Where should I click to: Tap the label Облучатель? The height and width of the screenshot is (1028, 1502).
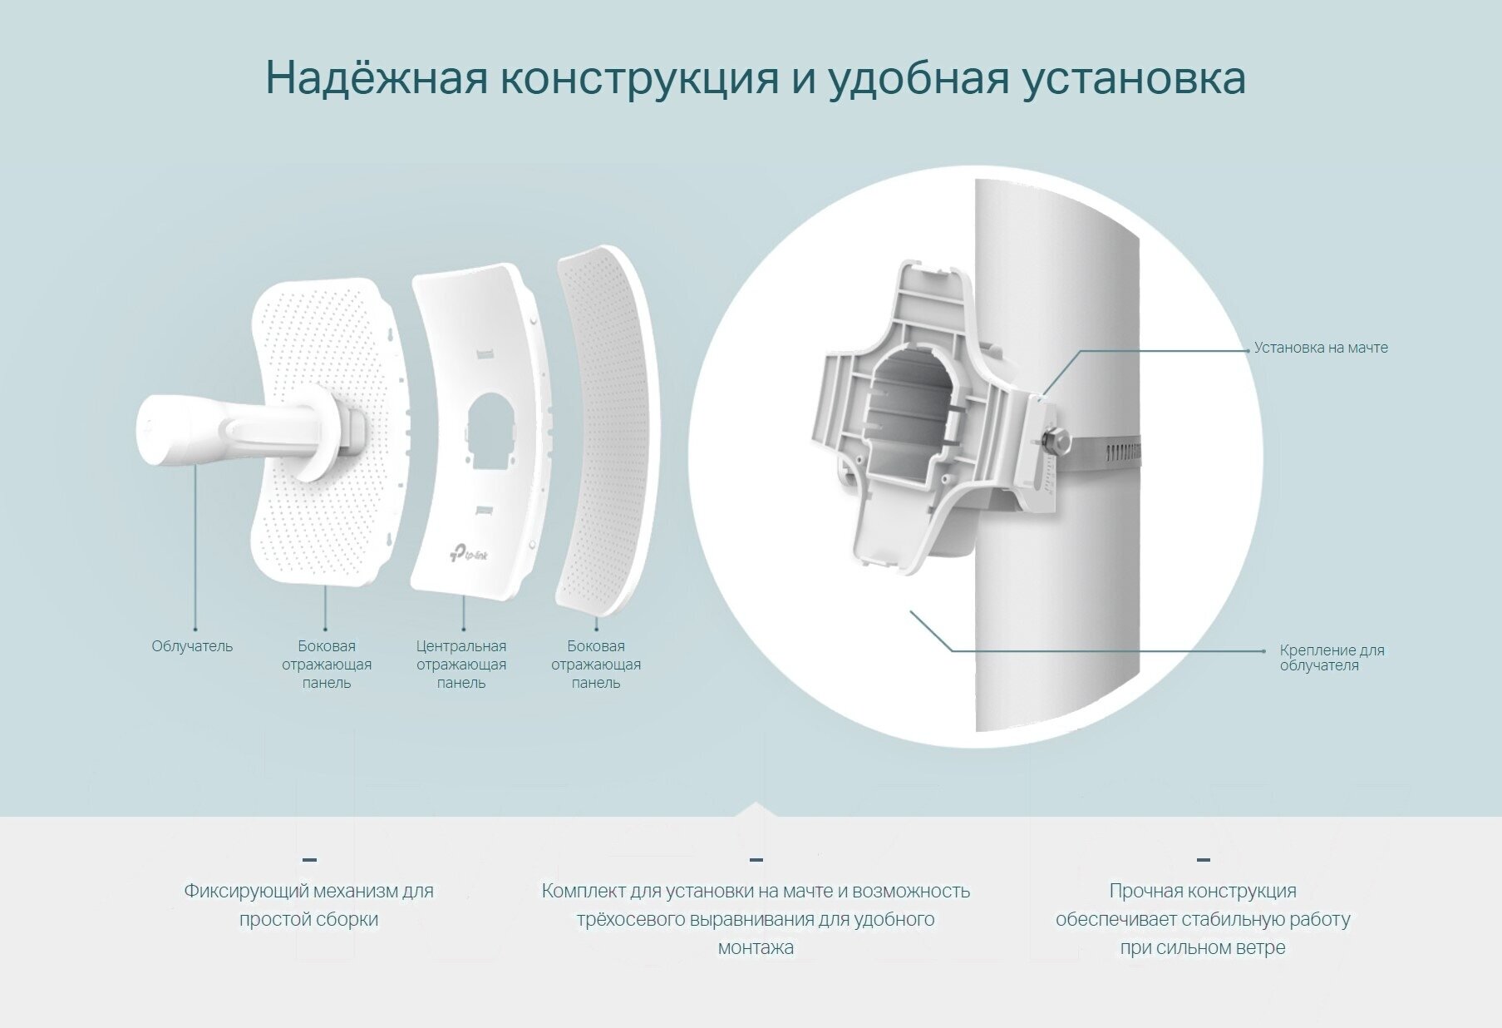192,646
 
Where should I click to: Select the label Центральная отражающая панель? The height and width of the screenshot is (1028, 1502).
461,664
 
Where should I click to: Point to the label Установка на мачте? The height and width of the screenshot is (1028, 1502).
1320,348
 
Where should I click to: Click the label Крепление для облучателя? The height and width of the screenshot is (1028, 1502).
1332,657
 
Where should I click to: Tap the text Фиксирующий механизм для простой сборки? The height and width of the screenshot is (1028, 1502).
308,905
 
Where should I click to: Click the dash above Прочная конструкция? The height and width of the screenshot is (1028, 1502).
1203,859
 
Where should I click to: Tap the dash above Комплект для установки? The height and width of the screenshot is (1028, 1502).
756,859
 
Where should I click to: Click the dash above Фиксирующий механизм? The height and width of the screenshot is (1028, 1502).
309,859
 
